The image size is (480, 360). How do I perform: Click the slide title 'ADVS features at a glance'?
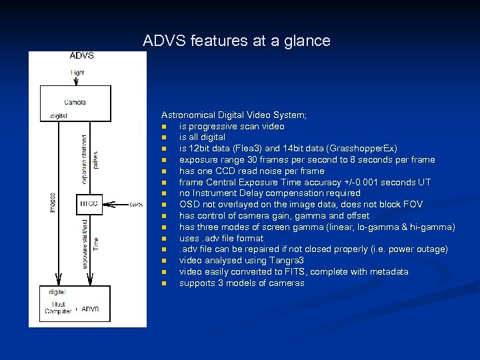[x=236, y=41]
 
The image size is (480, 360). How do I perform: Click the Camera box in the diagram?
[x=75, y=103]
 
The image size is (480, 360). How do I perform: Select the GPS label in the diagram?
[x=136, y=204]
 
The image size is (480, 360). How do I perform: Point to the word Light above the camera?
[x=78, y=72]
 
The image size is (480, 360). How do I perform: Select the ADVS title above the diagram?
[x=81, y=55]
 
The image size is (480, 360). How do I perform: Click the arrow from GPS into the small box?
[x=117, y=204]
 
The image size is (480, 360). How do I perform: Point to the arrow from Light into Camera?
[x=77, y=80]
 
